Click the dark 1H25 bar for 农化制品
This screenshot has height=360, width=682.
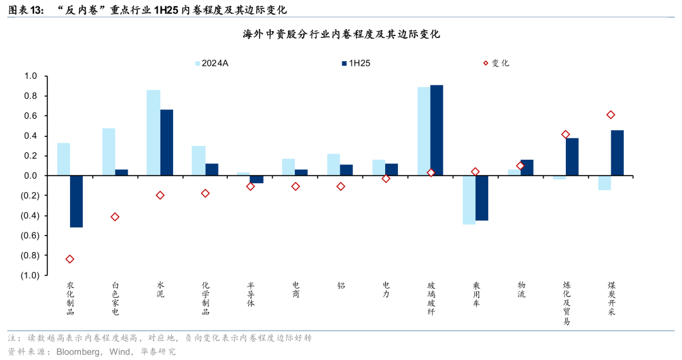[x=76, y=201]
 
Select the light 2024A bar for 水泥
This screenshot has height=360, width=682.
[x=153, y=133]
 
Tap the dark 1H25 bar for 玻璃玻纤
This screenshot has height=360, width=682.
[x=437, y=130]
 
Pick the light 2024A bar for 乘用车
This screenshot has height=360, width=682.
[x=469, y=200]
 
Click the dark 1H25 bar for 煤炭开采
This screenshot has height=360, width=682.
[x=617, y=153]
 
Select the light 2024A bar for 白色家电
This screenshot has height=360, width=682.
[x=109, y=152]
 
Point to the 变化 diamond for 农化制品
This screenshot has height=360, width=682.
[x=69, y=259]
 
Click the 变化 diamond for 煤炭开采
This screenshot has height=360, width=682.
[x=611, y=115]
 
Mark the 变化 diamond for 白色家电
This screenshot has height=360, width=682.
[x=115, y=217]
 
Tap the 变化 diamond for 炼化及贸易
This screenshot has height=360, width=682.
[x=565, y=135]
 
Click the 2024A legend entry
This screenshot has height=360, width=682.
[x=214, y=63]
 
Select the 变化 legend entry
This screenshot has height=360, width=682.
[x=496, y=63]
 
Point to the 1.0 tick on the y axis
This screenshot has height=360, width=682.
[x=31, y=76]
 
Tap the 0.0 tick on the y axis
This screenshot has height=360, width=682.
[x=31, y=176]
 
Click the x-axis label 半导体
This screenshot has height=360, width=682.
[x=251, y=294]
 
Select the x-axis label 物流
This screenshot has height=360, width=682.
[x=521, y=289]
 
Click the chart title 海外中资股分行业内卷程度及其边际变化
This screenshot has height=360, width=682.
[x=342, y=34]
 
